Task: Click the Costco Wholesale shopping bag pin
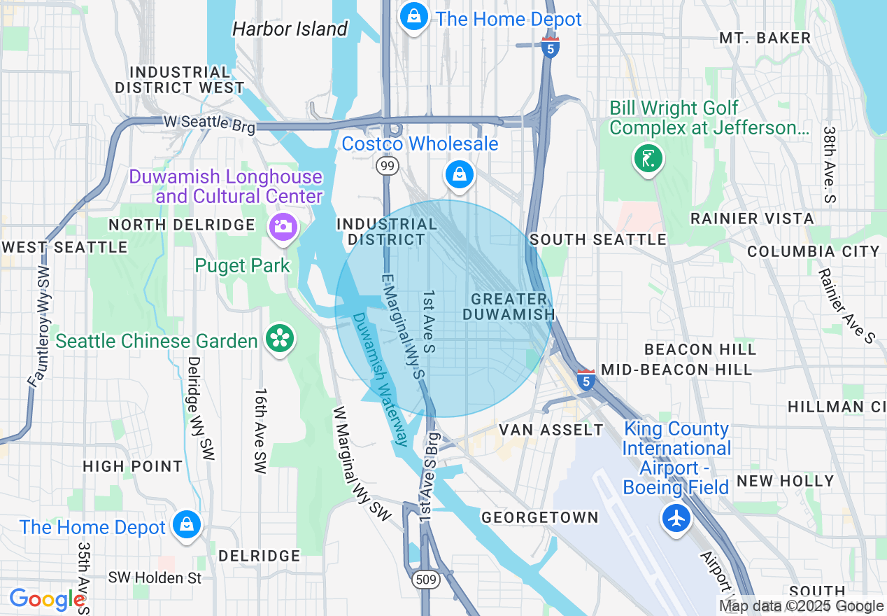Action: click(x=459, y=174)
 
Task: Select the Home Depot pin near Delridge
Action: click(x=187, y=524)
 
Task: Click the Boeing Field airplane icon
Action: click(x=676, y=519)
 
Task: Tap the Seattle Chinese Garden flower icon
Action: click(x=279, y=339)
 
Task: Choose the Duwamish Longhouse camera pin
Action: click(x=284, y=226)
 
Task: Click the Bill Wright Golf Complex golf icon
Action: click(x=648, y=158)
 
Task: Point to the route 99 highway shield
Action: click(x=387, y=165)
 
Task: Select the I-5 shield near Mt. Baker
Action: click(x=551, y=48)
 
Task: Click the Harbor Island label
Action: click(x=290, y=29)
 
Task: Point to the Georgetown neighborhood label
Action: click(x=539, y=517)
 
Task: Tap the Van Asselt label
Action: click(x=551, y=430)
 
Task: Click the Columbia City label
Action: click(x=813, y=251)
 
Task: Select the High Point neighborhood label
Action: click(x=132, y=466)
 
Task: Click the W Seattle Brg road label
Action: click(x=209, y=122)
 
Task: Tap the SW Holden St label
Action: click(x=155, y=578)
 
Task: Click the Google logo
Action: click(x=46, y=599)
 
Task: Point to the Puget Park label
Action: click(x=242, y=266)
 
